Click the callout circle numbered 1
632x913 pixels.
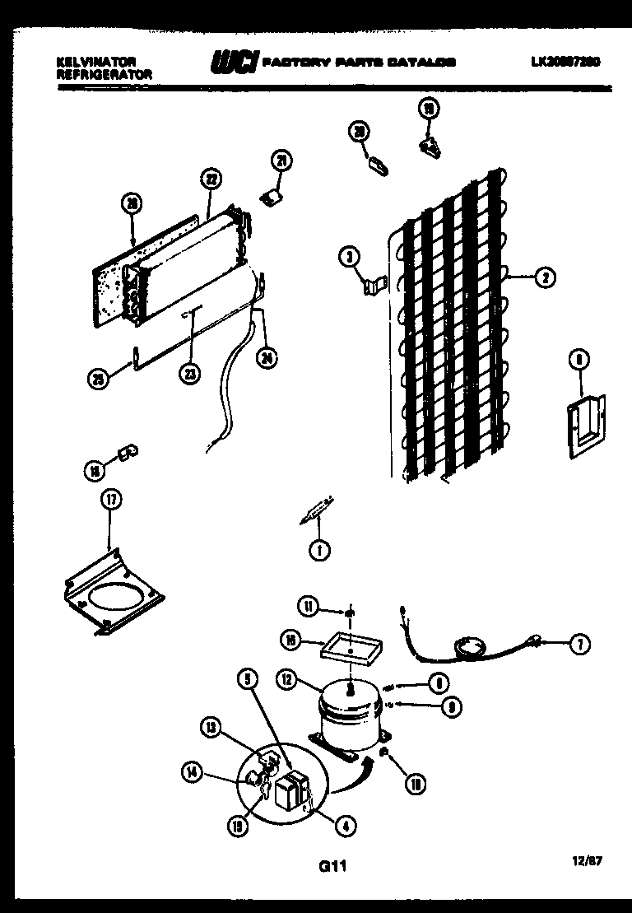[317, 550]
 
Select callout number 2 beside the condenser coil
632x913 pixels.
[544, 278]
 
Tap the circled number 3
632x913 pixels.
[350, 259]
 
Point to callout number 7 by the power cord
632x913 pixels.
[581, 645]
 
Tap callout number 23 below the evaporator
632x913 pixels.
[190, 373]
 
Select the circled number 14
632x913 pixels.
[192, 771]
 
